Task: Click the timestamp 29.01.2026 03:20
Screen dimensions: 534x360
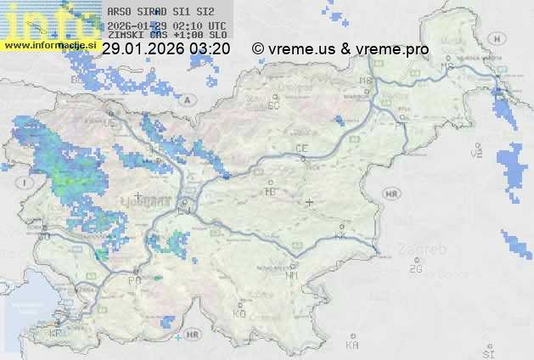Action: tap(166, 49)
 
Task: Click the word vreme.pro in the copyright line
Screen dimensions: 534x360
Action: tap(395, 49)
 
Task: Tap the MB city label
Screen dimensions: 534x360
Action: tap(367, 81)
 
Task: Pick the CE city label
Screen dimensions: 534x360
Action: tap(301, 149)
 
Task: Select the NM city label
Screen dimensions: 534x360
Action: tap(293, 275)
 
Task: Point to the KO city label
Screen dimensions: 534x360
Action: tap(239, 313)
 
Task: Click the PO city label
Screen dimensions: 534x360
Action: tap(133, 280)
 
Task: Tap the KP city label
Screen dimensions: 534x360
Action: tap(56, 334)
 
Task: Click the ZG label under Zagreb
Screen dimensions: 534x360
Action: tap(415, 269)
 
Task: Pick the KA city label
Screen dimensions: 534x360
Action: tap(352, 346)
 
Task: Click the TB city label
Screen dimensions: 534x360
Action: tap(271, 192)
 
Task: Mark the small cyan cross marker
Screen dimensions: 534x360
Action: tap(177, 338)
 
